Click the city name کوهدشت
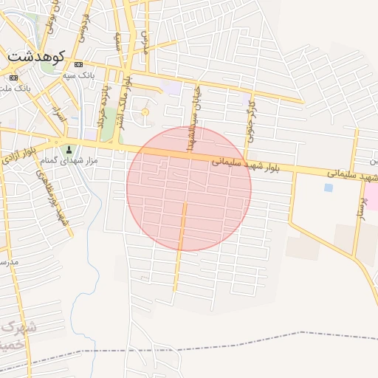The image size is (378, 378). pos(35,55)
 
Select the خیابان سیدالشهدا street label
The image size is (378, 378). pos(193,129)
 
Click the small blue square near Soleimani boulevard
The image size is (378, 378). pos(328,188)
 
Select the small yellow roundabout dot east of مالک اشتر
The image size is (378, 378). pos(145,112)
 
